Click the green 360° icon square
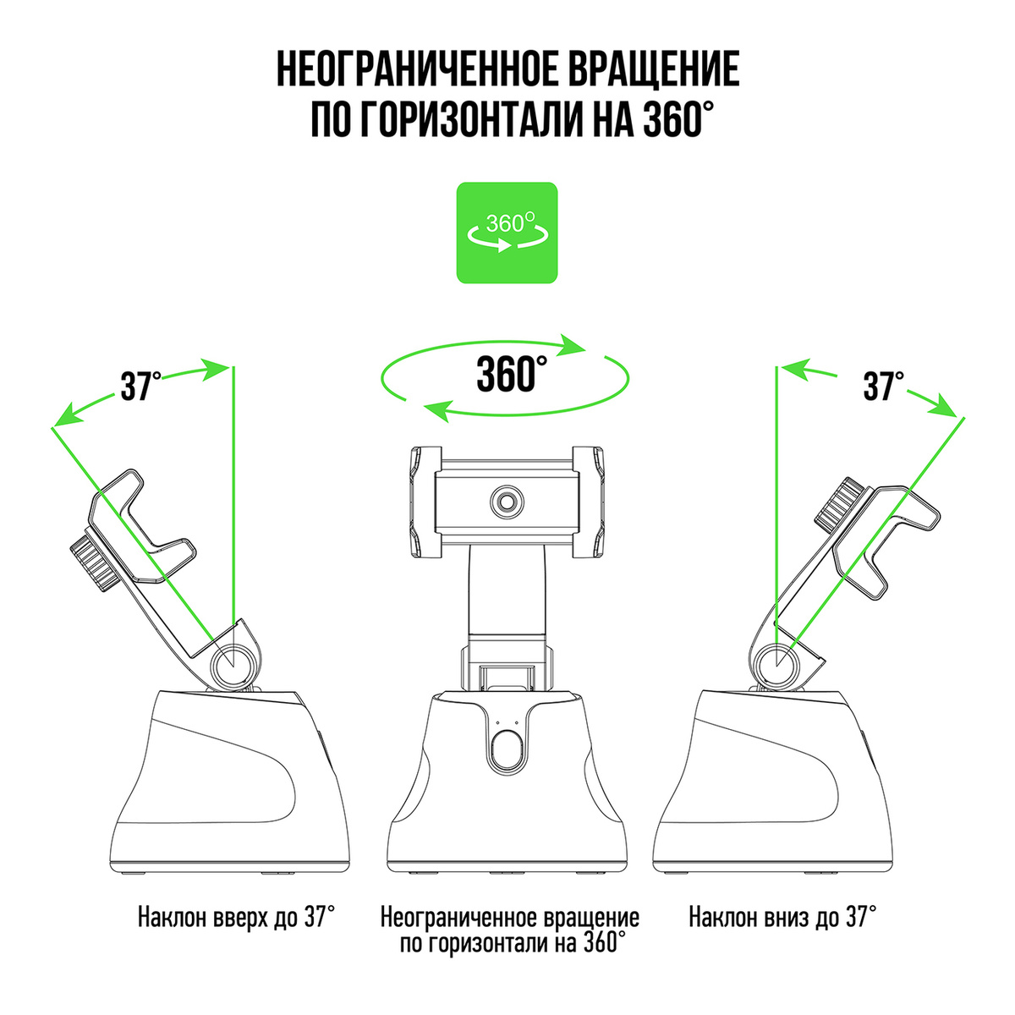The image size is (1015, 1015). (507, 233)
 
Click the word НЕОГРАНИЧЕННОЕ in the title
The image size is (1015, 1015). (416, 69)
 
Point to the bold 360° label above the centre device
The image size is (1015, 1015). (512, 374)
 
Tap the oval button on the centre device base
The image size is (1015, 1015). (507, 748)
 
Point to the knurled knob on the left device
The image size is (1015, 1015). (94, 562)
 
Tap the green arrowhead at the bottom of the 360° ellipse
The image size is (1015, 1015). (438, 410)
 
